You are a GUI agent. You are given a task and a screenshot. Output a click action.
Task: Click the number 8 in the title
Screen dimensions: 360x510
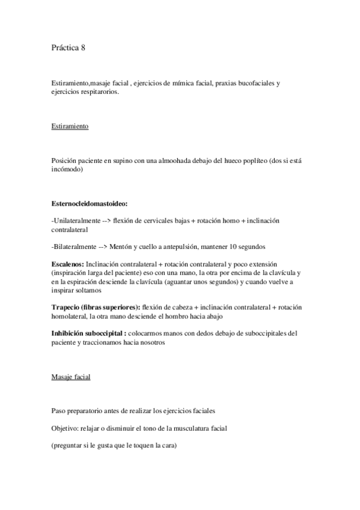click(84, 48)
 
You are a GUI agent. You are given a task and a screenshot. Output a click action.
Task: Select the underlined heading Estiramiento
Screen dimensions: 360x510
click(70, 126)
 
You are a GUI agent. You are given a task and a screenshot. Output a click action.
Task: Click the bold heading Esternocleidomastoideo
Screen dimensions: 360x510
click(90, 204)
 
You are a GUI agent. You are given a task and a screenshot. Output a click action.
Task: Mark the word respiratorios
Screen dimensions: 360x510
click(99, 92)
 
